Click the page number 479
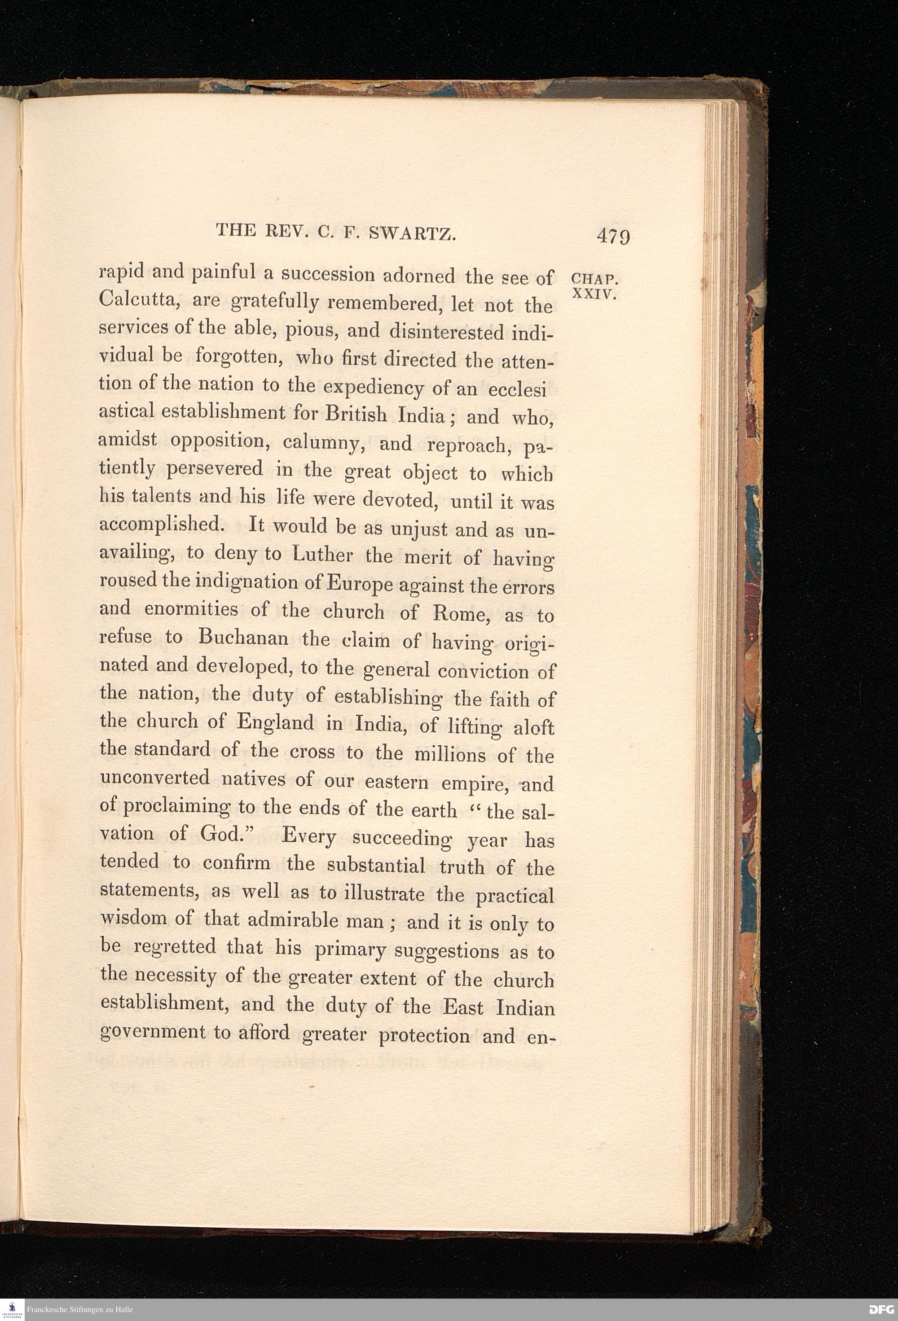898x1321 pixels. click(613, 235)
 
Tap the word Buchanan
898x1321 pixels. click(243, 638)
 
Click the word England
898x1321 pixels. click(275, 722)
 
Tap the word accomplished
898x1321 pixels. click(160, 525)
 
